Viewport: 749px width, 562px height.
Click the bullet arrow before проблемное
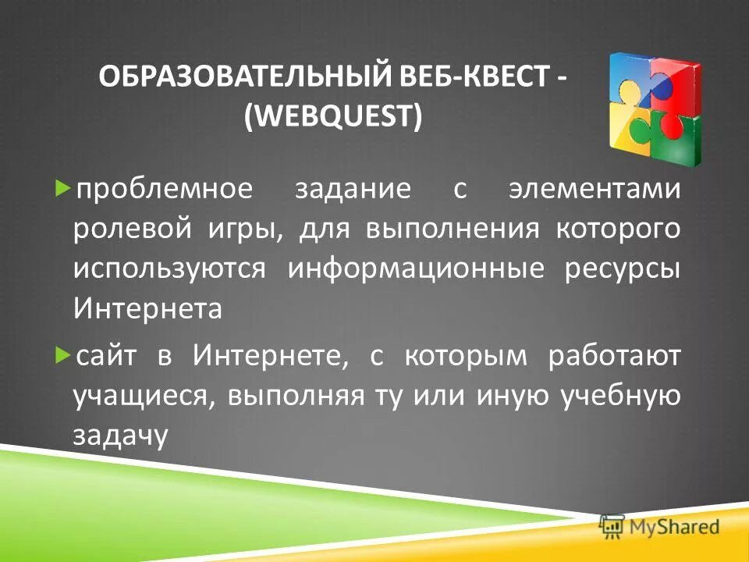pyautogui.click(x=63, y=190)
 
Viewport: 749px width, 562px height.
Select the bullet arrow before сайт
pyautogui.click(x=63, y=355)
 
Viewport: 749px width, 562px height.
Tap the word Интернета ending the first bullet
pyautogui.click(x=147, y=309)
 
